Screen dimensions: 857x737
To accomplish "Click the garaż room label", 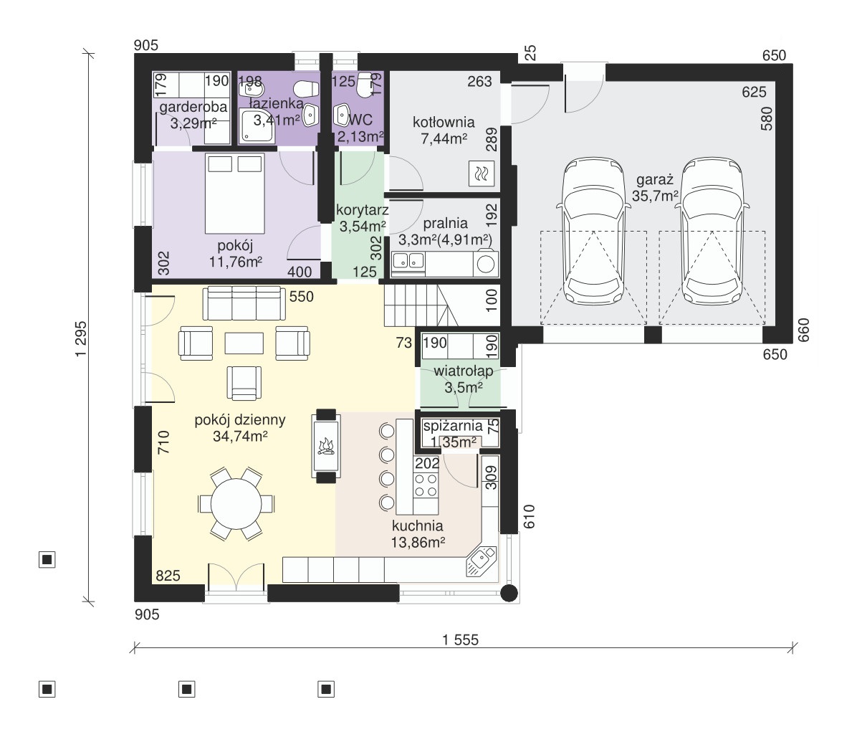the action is (x=655, y=180).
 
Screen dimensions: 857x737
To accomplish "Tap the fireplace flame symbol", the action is (x=326, y=446).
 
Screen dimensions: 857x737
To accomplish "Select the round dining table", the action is (x=236, y=503).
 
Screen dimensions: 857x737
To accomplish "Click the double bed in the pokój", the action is (x=234, y=193).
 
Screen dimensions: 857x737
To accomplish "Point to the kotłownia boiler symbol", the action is (x=482, y=174).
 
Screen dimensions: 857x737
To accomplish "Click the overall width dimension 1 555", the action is (x=460, y=639).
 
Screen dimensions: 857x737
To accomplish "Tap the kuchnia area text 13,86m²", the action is (x=418, y=543).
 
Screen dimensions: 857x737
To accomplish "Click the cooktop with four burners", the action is (x=425, y=485).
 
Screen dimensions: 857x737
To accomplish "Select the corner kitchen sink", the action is (x=481, y=561).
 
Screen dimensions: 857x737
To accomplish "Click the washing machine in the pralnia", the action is (x=485, y=264).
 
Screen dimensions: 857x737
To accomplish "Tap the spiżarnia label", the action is (x=453, y=426).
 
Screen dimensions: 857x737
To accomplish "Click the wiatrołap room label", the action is (x=464, y=371).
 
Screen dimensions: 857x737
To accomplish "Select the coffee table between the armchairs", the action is (x=244, y=343).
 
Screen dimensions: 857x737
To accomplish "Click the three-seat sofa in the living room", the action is (x=244, y=303).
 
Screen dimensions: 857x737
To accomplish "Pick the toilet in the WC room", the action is (x=364, y=86).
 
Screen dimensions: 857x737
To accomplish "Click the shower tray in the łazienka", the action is (x=257, y=125).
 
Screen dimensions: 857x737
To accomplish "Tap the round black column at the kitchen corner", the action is (x=509, y=593).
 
